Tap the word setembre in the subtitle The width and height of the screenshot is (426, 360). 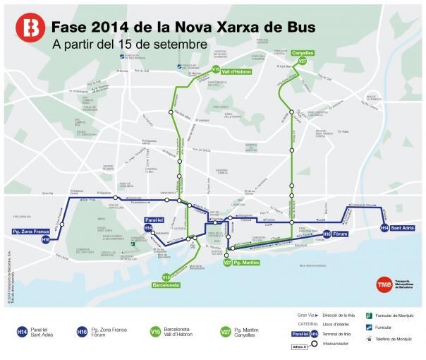pos(183,44)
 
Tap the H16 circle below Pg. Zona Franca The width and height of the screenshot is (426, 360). pos(46,240)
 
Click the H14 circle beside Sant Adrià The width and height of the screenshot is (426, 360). pos(384,228)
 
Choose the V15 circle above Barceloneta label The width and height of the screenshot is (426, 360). pos(166,277)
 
